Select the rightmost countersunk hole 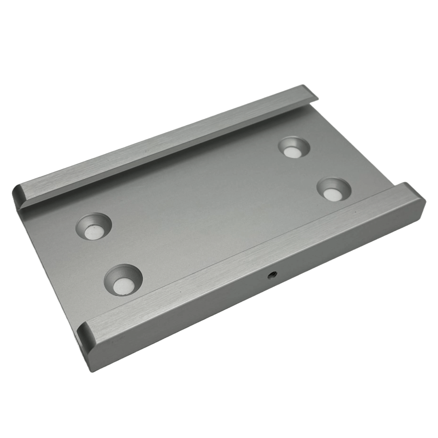334,190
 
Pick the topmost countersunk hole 294,147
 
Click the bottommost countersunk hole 123,280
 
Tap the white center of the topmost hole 292,152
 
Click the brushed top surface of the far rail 170,142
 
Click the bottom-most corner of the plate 92,371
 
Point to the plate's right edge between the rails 357,146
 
